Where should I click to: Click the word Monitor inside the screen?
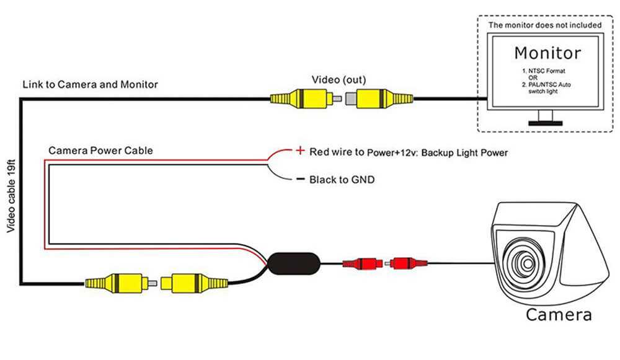coord(547,53)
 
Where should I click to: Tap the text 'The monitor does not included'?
coord(545,25)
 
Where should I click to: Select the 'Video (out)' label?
coord(338,80)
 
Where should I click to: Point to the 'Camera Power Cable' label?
coord(100,151)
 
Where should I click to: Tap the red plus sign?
coord(300,151)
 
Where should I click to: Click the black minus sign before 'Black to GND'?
coord(300,180)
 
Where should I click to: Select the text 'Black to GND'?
coord(342,180)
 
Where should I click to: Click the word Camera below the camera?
coord(558,314)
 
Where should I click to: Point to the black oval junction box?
coord(294,263)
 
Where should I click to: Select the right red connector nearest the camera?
coord(407,263)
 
